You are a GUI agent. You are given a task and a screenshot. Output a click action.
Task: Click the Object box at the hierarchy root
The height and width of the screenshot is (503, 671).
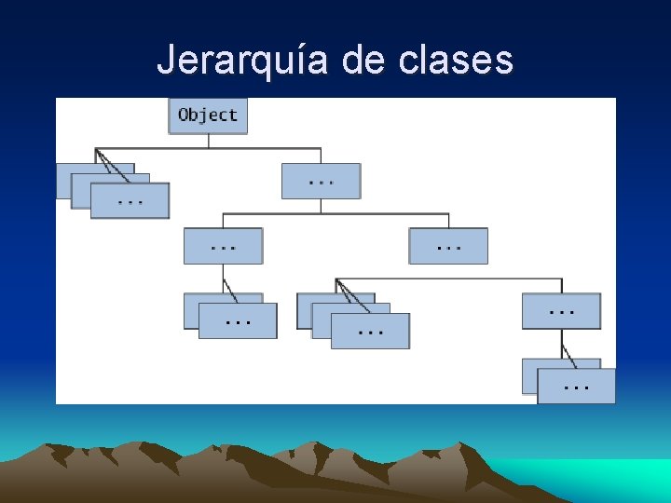tap(208, 116)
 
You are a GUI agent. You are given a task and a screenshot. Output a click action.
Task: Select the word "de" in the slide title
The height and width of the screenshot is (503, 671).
tap(363, 61)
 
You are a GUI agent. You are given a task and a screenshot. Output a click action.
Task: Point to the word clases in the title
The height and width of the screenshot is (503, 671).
tap(455, 61)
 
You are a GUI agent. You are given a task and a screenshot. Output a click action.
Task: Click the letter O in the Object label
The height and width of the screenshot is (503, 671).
tap(184, 115)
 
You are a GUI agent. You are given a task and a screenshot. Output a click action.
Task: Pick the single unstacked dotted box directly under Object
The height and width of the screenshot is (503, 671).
tap(321, 181)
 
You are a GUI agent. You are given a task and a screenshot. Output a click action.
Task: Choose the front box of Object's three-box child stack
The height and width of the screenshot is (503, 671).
tap(130, 201)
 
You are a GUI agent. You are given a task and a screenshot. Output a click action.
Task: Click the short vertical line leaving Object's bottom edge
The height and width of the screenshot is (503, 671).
tap(208, 141)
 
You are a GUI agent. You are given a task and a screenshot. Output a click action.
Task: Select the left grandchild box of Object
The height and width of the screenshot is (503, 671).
tap(223, 246)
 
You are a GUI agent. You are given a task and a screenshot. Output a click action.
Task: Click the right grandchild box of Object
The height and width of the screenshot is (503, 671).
tap(448, 246)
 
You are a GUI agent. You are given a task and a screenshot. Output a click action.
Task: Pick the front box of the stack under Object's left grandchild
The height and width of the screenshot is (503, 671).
tap(239, 320)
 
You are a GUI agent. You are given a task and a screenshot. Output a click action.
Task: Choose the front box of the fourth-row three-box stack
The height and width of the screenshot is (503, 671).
tap(371, 331)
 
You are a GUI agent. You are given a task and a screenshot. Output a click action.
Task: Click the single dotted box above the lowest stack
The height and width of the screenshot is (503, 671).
tap(561, 311)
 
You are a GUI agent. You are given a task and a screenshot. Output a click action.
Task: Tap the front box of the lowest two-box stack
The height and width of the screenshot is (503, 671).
tap(577, 386)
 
